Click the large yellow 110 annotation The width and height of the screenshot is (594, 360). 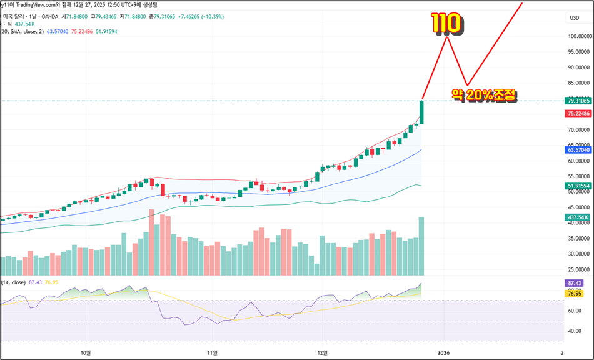pyautogui.click(x=446, y=23)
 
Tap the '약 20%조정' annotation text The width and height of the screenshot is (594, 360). pyautogui.click(x=485, y=95)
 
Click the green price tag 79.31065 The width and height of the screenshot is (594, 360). pyautogui.click(x=578, y=100)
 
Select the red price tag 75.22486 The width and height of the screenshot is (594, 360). pyautogui.click(x=578, y=113)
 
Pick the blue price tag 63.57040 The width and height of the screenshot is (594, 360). pyautogui.click(x=578, y=150)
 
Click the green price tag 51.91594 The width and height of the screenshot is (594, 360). pyautogui.click(x=578, y=186)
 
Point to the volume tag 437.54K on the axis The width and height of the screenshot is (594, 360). pyautogui.click(x=578, y=217)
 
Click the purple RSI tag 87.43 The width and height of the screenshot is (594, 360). pyautogui.click(x=574, y=283)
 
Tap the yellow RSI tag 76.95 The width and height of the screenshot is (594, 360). pyautogui.click(x=574, y=293)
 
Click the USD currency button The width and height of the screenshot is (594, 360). pyautogui.click(x=574, y=18)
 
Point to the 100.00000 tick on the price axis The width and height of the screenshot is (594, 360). pyautogui.click(x=578, y=36)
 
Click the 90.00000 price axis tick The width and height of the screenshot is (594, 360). pyautogui.click(x=578, y=67)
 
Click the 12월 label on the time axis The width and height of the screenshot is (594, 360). pyautogui.click(x=323, y=352)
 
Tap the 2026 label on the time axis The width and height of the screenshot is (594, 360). pyautogui.click(x=443, y=352)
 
